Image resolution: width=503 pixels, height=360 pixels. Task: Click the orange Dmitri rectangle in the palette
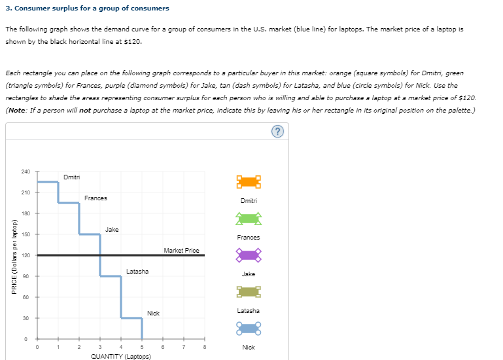pyautogui.click(x=249, y=181)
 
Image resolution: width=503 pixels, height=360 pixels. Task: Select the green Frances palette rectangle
pyautogui.click(x=249, y=217)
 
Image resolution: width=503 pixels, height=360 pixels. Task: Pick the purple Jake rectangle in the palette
pyautogui.click(x=249, y=254)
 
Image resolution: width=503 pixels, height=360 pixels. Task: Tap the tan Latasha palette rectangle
pyautogui.click(x=249, y=291)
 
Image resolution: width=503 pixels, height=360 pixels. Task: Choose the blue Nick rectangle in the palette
pyautogui.click(x=249, y=327)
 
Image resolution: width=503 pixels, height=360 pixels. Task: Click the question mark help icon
pyautogui.click(x=279, y=132)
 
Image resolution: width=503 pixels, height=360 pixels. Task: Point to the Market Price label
pyautogui.click(x=181, y=251)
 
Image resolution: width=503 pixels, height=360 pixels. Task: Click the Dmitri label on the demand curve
pyautogui.click(x=72, y=177)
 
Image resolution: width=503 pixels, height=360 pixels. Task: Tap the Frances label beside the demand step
pyautogui.click(x=95, y=198)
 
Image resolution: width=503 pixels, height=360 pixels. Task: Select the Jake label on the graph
pyautogui.click(x=112, y=230)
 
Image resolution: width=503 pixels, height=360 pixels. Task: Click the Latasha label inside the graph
pyautogui.click(x=137, y=271)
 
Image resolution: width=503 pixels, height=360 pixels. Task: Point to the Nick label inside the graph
pyautogui.click(x=153, y=314)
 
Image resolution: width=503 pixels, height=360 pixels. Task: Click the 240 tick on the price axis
pyautogui.click(x=26, y=171)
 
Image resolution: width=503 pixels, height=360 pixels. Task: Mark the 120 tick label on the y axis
pyautogui.click(x=26, y=255)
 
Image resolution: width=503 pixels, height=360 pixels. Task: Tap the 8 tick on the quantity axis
pyautogui.click(x=205, y=347)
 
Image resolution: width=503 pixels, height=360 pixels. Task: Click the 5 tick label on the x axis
pyautogui.click(x=142, y=347)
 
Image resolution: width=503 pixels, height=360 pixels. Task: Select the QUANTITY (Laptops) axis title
pyautogui.click(x=120, y=356)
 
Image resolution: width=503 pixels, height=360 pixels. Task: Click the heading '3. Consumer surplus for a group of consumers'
pyautogui.click(x=87, y=9)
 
